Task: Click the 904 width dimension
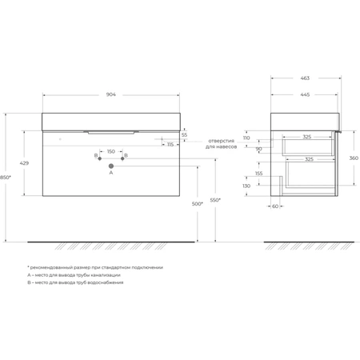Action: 111,94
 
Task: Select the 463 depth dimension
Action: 305,78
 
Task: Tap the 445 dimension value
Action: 305,94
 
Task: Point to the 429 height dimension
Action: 24,163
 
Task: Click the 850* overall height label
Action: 6,178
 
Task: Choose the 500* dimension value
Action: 198,204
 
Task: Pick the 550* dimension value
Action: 215,200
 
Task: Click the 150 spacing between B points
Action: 111,151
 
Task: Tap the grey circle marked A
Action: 111,166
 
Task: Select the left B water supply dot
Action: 100,158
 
